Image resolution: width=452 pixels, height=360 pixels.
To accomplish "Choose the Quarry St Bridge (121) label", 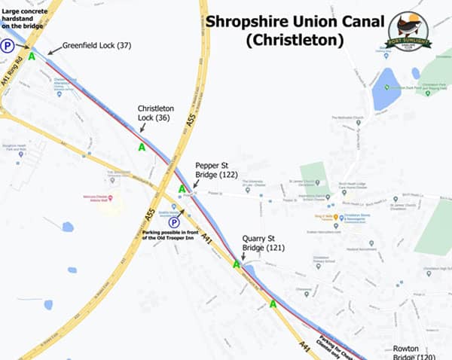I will [x=261, y=243].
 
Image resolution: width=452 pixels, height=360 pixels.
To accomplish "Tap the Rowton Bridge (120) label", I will [x=414, y=353].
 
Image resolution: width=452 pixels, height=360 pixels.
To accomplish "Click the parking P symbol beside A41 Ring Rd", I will [x=8, y=45].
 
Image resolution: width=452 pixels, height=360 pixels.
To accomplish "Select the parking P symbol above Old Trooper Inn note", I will [x=173, y=222].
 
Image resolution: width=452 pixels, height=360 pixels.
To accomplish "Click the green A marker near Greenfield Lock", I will [x=32, y=56].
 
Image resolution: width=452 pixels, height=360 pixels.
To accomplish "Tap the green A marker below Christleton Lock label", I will [x=142, y=147].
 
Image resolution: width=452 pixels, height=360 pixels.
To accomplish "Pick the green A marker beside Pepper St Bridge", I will [x=182, y=189].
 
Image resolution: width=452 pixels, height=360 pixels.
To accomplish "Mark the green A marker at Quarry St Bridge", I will [x=237, y=264].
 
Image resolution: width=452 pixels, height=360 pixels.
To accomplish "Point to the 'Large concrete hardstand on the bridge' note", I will [x=21, y=17].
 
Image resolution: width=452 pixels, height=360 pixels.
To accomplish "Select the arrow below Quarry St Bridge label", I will [x=243, y=255].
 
